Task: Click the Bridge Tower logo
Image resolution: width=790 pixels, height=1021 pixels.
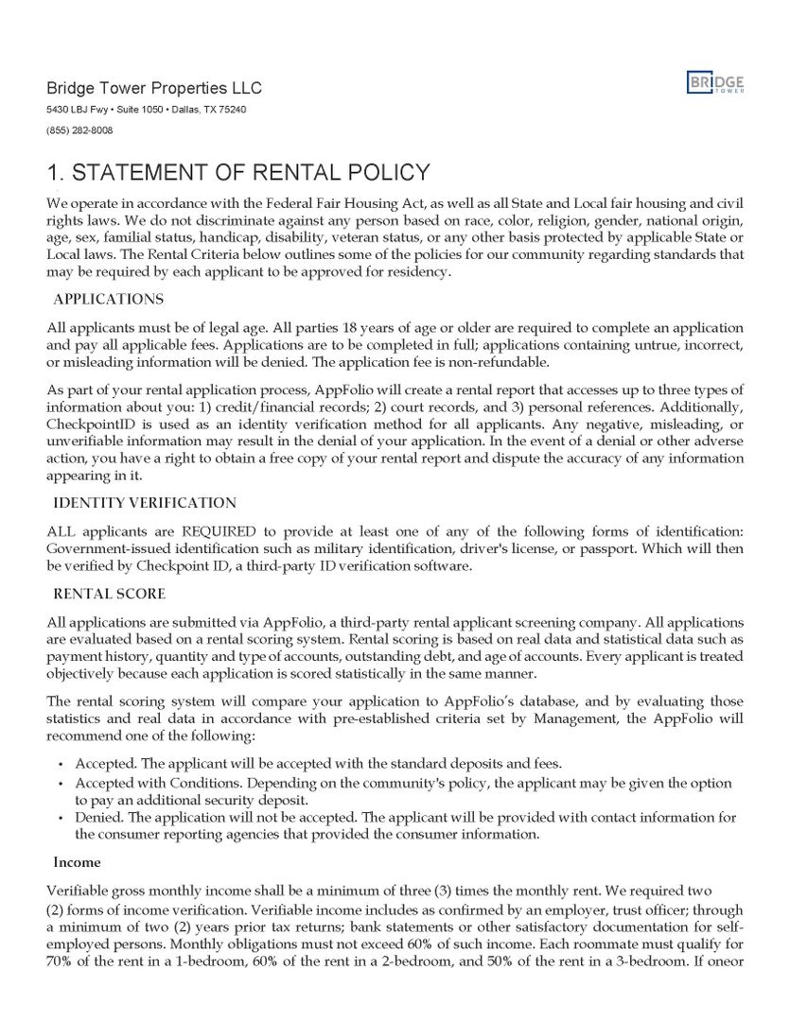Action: [x=715, y=83]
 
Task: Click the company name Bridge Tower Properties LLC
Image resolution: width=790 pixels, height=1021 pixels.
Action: [x=154, y=89]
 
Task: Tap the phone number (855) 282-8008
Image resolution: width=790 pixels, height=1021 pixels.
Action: [x=79, y=130]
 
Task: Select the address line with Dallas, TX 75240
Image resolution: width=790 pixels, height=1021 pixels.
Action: [x=147, y=111]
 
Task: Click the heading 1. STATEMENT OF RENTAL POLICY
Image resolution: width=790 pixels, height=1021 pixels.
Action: [x=238, y=173]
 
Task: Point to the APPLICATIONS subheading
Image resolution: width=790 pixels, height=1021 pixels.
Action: [x=108, y=300]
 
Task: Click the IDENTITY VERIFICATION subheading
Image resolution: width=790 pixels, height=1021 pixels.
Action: [x=145, y=503]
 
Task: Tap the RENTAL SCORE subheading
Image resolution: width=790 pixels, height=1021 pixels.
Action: [x=109, y=594]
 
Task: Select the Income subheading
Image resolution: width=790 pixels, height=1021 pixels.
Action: [x=77, y=862]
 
